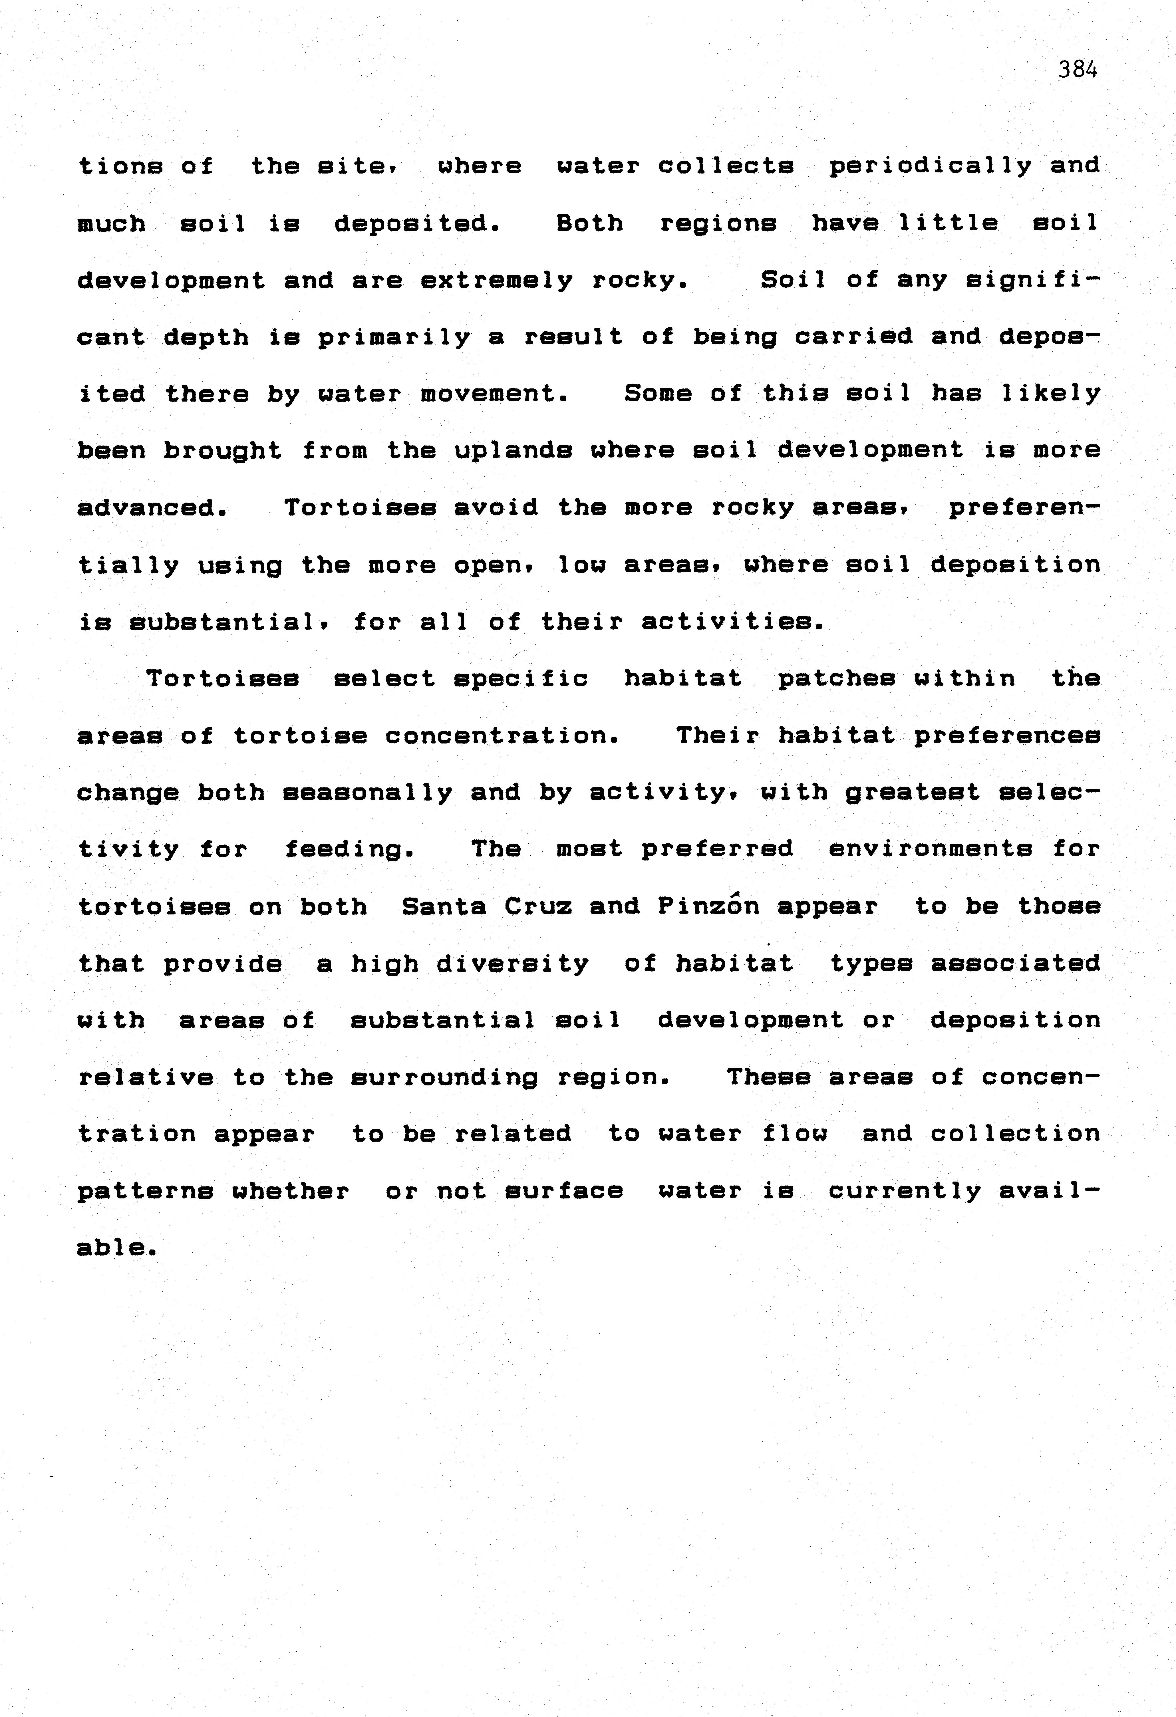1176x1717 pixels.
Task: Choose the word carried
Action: (x=853, y=337)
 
